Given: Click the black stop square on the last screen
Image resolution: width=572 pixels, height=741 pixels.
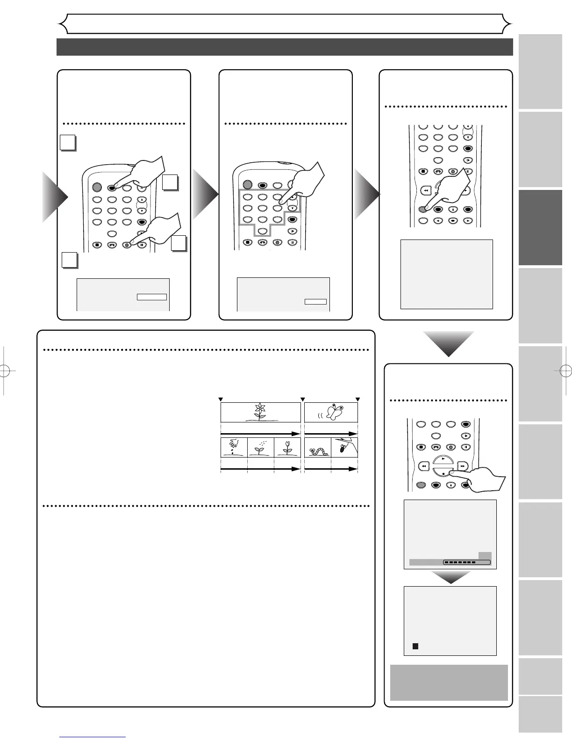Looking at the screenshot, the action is click(415, 646).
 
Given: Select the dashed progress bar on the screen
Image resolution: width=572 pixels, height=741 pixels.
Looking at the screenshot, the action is click(466, 562).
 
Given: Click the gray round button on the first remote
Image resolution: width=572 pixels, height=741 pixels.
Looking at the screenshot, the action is click(96, 187).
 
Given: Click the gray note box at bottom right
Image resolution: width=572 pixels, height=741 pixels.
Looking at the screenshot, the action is click(449, 683).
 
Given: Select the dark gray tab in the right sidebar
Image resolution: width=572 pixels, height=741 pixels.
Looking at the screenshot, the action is click(540, 227).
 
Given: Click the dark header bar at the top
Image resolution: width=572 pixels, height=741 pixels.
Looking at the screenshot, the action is click(285, 47).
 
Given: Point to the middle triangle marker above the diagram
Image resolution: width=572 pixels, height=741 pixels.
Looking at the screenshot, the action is click(302, 399).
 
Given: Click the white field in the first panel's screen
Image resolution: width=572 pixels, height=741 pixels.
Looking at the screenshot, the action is click(151, 297).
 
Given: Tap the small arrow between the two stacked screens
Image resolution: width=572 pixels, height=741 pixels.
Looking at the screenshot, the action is click(450, 577).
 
